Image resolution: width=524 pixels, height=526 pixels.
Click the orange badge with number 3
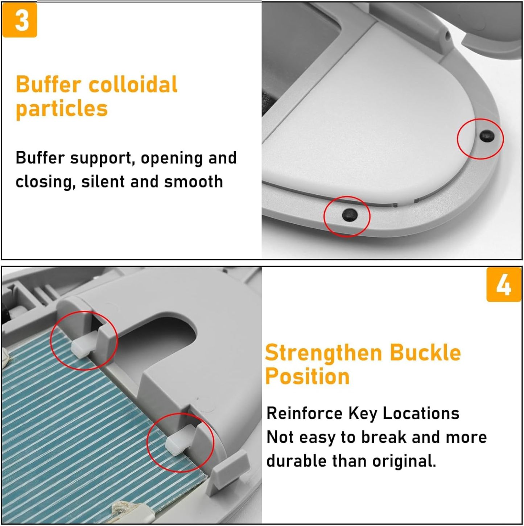20,20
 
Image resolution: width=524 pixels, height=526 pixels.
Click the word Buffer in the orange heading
48,84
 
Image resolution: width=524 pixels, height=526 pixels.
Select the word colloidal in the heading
133,84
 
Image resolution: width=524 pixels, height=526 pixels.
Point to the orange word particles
62,109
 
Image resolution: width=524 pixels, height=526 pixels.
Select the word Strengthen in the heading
323,353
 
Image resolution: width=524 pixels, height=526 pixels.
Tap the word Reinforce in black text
304,413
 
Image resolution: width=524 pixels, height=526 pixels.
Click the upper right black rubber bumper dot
486,136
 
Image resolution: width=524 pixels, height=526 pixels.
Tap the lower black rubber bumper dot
350,215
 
